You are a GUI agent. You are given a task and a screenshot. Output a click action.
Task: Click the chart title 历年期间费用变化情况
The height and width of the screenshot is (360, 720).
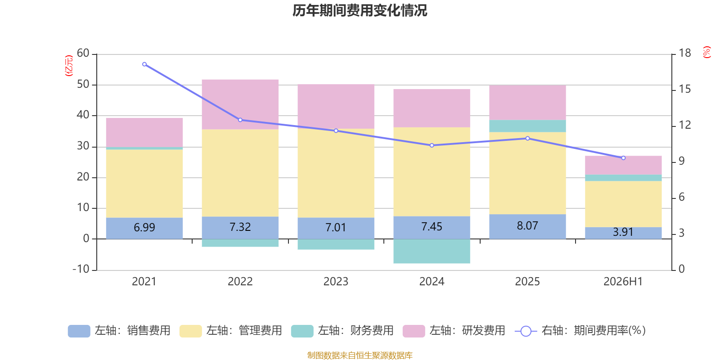(360, 10)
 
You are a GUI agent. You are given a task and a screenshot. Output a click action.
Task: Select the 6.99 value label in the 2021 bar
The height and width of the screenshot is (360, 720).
(144, 228)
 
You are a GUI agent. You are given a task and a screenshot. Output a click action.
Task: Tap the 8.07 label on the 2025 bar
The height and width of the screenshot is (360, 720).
(527, 225)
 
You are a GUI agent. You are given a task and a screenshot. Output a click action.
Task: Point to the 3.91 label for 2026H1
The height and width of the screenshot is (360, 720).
(623, 232)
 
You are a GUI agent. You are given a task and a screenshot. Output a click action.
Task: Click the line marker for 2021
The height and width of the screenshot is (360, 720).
(144, 64)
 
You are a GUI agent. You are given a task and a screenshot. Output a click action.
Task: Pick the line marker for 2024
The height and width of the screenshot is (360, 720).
(432, 145)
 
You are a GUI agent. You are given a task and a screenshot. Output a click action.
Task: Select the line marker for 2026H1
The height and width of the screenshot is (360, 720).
(623, 158)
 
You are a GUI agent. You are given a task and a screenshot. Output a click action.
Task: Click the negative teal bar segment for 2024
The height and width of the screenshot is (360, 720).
(432, 251)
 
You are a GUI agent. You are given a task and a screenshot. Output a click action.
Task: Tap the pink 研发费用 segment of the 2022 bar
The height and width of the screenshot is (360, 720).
(240, 104)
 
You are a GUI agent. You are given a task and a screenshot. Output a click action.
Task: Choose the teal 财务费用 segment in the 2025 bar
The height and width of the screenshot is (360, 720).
(527, 126)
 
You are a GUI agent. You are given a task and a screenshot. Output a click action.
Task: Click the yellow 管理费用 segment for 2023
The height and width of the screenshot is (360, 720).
(336, 173)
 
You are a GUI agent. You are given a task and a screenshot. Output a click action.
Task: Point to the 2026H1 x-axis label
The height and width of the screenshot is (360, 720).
(623, 282)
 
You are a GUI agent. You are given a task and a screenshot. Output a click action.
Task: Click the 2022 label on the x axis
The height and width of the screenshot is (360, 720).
(240, 282)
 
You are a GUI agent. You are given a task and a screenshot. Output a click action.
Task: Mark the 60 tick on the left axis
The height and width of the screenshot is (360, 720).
(83, 53)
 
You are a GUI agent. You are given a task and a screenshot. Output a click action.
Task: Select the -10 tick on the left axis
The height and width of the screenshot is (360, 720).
(81, 269)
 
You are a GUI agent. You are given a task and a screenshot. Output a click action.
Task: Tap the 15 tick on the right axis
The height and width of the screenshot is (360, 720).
(684, 89)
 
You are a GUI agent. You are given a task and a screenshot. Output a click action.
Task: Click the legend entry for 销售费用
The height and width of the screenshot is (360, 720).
(119, 331)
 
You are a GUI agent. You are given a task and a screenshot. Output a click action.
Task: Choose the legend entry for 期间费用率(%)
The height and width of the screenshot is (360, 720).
(580, 331)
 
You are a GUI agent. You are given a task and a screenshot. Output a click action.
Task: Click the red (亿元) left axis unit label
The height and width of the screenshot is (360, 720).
(69, 66)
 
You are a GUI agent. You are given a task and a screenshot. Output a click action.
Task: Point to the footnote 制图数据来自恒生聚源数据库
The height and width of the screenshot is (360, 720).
(360, 355)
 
